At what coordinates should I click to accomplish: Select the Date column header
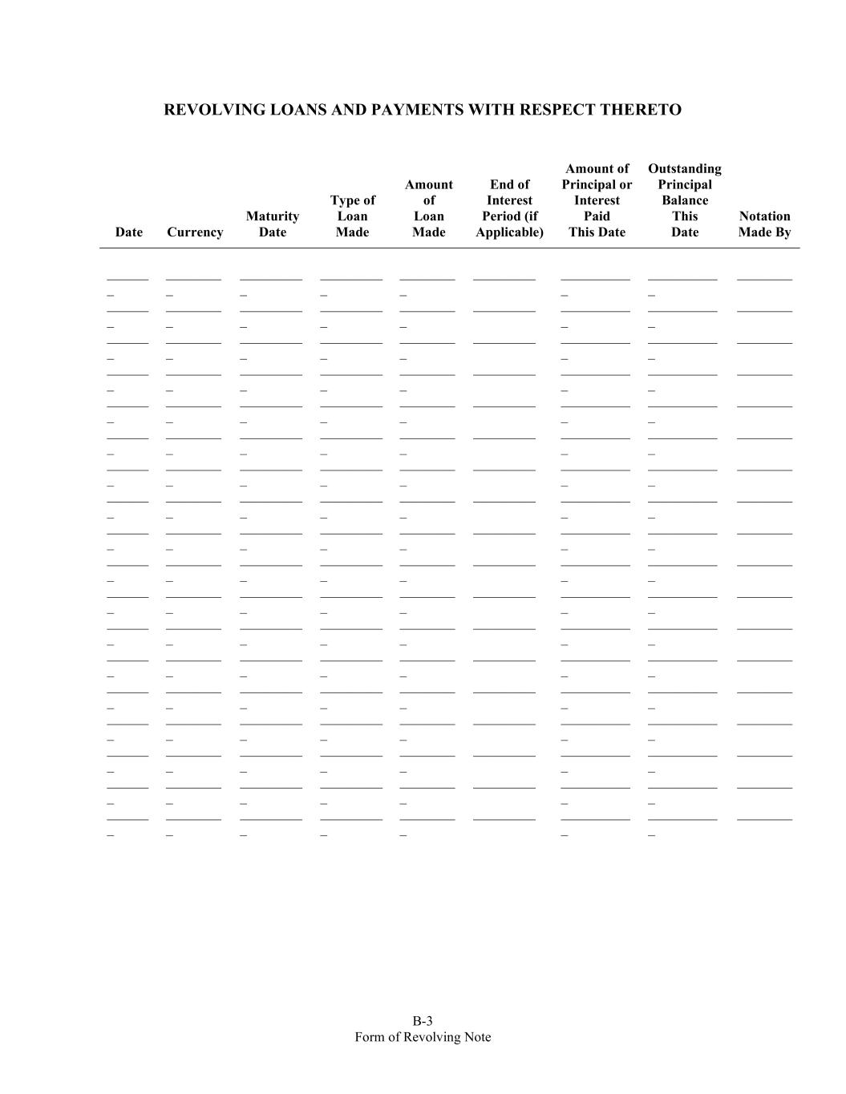[x=128, y=232]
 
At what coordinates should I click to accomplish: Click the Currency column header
[x=195, y=232]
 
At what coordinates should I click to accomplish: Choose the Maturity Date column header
[x=273, y=224]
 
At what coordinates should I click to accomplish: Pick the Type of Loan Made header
[x=352, y=216]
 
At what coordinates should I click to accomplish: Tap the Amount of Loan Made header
[x=429, y=208]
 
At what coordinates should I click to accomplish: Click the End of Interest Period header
[x=509, y=208]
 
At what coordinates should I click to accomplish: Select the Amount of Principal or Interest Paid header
[x=597, y=200]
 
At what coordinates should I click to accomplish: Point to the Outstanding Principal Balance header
[x=685, y=200]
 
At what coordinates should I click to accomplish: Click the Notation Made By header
[x=764, y=224]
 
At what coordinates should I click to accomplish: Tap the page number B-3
[x=423, y=1021]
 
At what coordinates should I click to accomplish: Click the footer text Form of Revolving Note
[x=423, y=1037]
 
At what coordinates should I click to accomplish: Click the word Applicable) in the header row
[x=509, y=232]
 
